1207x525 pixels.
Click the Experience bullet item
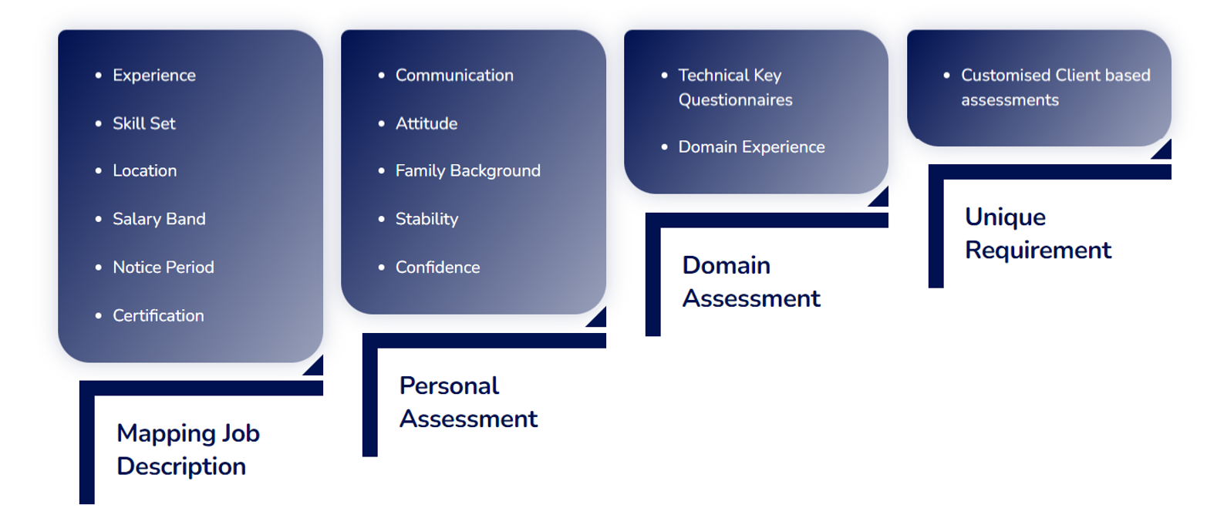click(x=154, y=76)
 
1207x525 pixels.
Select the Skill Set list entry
click(x=144, y=123)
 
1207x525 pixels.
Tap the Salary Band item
click(x=159, y=219)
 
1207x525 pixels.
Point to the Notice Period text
click(x=164, y=267)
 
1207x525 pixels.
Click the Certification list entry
click(x=158, y=315)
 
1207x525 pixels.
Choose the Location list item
click(x=144, y=170)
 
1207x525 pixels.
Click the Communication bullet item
click(x=454, y=76)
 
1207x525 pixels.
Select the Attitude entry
click(x=426, y=123)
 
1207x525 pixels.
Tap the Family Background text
click(x=467, y=170)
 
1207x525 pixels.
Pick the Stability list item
click(x=426, y=219)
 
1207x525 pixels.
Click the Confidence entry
click(x=437, y=267)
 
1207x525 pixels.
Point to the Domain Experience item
click(x=752, y=147)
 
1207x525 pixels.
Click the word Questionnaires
click(x=736, y=100)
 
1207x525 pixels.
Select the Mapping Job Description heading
click(x=188, y=449)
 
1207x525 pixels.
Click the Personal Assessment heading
click(x=468, y=402)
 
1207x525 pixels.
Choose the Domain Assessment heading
click(x=751, y=281)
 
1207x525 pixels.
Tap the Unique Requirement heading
click(x=1038, y=233)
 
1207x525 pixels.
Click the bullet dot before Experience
click(x=98, y=76)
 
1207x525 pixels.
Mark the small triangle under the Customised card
click(x=1165, y=152)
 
